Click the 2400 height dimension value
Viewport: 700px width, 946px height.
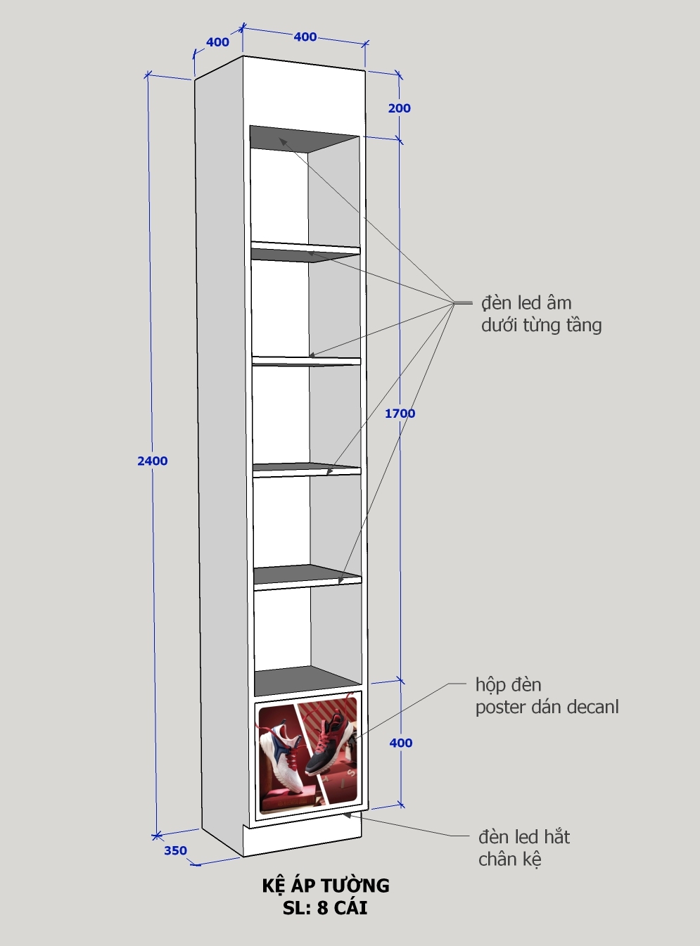click(152, 461)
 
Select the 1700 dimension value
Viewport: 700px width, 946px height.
click(400, 414)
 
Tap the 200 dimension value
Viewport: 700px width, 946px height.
click(400, 108)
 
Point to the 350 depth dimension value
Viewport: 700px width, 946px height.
click(175, 850)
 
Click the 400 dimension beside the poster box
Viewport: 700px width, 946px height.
click(400, 743)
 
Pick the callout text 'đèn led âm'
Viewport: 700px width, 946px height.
click(526, 303)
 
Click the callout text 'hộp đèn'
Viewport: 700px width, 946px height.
click(509, 685)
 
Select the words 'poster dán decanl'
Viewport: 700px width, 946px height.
click(547, 707)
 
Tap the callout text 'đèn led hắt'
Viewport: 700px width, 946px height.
click(524, 837)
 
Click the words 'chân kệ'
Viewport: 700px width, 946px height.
click(510, 859)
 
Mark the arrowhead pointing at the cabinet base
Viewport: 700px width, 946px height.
click(348, 815)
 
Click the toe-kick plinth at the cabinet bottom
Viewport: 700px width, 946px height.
click(303, 838)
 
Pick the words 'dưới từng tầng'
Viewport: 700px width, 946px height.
click(541, 325)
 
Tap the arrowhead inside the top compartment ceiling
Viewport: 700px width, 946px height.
click(282, 141)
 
